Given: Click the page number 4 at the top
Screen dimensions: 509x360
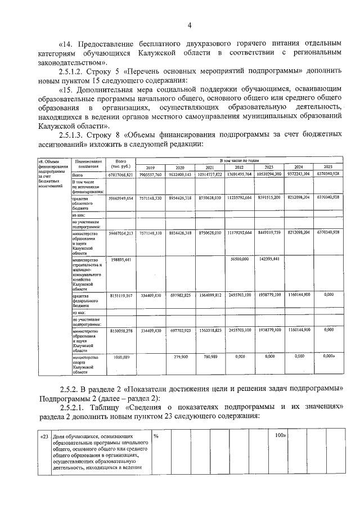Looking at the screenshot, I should [190, 25].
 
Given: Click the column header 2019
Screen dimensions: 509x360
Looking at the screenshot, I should [150, 168].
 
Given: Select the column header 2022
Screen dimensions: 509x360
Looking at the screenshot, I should [238, 168].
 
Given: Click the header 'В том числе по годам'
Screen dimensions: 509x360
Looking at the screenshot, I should [239, 161].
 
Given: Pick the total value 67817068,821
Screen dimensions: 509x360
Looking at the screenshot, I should [119, 175].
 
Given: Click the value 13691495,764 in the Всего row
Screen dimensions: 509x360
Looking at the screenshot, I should [239, 175].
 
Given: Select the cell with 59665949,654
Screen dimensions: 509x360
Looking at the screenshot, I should [119, 198].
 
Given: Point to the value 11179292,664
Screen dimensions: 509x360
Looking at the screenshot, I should [239, 232].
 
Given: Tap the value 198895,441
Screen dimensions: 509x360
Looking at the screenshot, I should [119, 259].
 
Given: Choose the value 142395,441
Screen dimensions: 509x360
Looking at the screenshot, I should [269, 259].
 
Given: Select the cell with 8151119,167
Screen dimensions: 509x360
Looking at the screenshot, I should [119, 295].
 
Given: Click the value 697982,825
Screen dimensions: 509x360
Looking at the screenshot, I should [180, 295].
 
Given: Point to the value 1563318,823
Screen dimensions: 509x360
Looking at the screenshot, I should [209, 331].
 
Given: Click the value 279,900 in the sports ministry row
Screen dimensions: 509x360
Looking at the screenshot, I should [180, 357].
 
